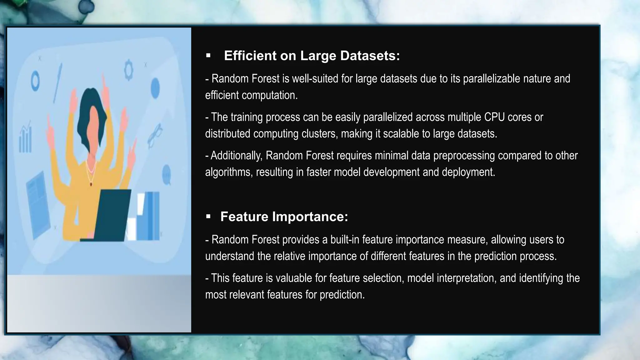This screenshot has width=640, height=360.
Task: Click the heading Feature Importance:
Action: [284, 217]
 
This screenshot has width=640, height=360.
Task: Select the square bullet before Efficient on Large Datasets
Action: [208, 56]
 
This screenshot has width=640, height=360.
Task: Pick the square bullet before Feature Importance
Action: [208, 217]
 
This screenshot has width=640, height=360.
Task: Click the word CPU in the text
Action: [494, 117]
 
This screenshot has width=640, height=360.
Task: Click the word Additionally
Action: [236, 156]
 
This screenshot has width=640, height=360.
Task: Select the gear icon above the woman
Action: [128, 70]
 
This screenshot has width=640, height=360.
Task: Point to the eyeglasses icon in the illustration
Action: [155, 135]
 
